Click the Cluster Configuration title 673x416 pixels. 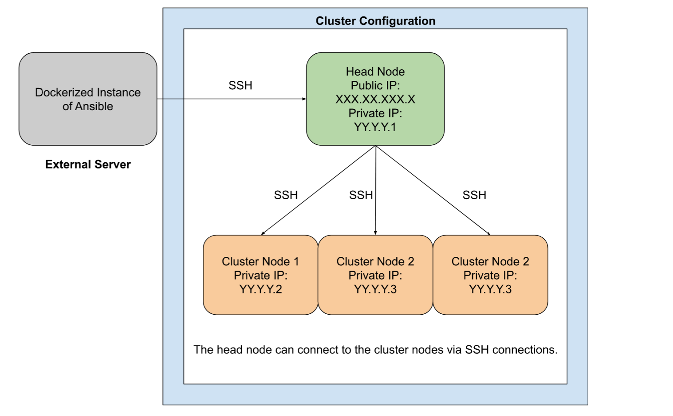coord(375,21)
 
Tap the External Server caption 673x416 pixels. coord(88,164)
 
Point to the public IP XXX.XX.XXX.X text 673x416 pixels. coord(375,99)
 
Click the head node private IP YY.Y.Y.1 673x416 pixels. coord(375,127)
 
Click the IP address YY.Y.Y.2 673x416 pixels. coord(260,289)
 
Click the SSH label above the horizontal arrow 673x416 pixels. coord(240,85)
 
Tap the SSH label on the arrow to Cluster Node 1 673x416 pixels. coord(286,195)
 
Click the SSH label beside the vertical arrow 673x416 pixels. coord(361,195)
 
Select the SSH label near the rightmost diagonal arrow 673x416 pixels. coord(474,195)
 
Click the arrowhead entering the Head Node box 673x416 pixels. coord(304,99)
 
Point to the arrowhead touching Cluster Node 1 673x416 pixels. coord(263,233)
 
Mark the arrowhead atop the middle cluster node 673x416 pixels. coord(375,233)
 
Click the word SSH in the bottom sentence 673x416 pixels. coord(477,350)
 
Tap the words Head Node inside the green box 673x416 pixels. coord(375,72)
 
